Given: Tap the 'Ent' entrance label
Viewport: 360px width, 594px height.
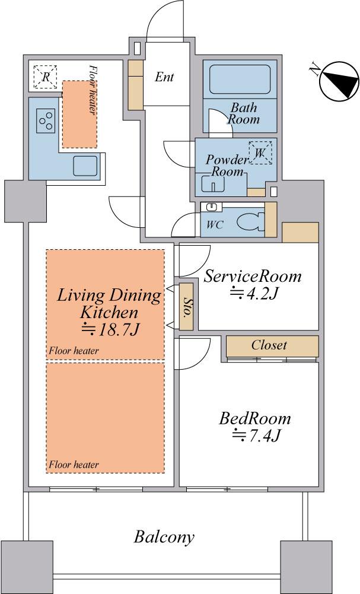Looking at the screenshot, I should click(164, 77).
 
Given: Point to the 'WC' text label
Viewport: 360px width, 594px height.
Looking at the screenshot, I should click(215, 226).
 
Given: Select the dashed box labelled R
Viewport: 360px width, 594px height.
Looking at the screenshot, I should click(45, 77).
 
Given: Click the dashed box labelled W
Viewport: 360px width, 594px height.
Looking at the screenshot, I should click(260, 153).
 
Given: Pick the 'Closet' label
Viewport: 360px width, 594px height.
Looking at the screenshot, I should click(269, 345).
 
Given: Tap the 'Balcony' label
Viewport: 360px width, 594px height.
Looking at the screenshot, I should click(164, 538).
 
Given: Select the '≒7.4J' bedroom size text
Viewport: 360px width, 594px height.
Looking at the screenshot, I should click(256, 436).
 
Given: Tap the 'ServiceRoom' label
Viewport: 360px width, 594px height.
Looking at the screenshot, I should click(252, 277).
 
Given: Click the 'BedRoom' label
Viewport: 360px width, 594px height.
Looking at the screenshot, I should click(255, 419).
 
